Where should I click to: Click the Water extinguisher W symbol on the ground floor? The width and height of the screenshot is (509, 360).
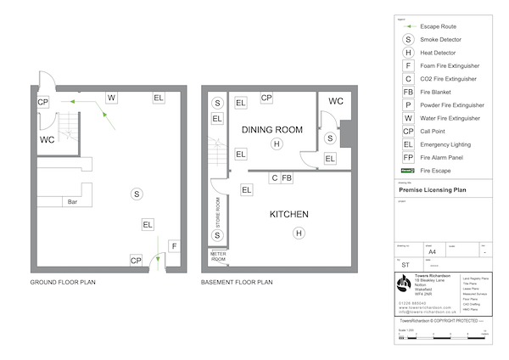click(111, 98)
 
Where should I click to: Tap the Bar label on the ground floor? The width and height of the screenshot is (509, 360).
click(73, 202)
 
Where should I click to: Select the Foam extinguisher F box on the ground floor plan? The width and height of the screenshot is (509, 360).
click(173, 246)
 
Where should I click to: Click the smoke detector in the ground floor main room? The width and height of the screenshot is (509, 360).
click(136, 194)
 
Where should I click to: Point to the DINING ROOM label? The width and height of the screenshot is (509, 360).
click(271, 130)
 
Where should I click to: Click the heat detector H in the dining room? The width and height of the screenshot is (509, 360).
click(276, 145)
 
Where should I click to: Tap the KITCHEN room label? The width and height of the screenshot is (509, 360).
click(288, 214)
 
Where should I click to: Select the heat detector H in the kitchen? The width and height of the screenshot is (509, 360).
click(298, 233)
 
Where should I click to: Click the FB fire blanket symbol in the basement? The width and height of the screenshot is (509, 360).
click(287, 177)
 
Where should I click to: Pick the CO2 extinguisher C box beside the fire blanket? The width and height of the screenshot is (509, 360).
click(274, 177)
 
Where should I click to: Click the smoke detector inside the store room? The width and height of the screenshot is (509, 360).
click(217, 234)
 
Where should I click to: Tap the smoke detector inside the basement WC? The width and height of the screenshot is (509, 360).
click(331, 138)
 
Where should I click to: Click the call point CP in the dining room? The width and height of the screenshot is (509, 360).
click(266, 98)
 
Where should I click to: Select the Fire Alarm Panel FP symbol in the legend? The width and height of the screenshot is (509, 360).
click(408, 157)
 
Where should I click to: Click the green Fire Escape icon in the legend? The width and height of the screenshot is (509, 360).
click(408, 170)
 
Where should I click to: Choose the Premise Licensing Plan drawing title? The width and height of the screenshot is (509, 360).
click(432, 192)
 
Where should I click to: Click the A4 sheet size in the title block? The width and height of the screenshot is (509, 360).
click(432, 252)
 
